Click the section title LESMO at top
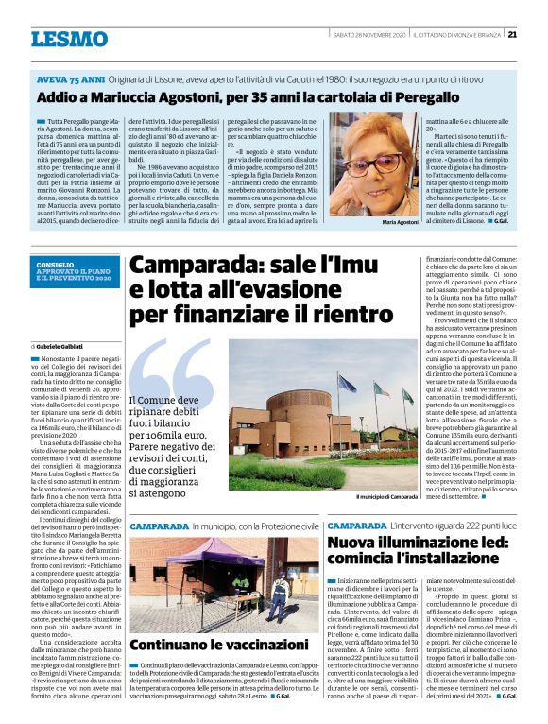(x=70, y=39)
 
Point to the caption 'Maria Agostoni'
(x=373, y=221)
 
